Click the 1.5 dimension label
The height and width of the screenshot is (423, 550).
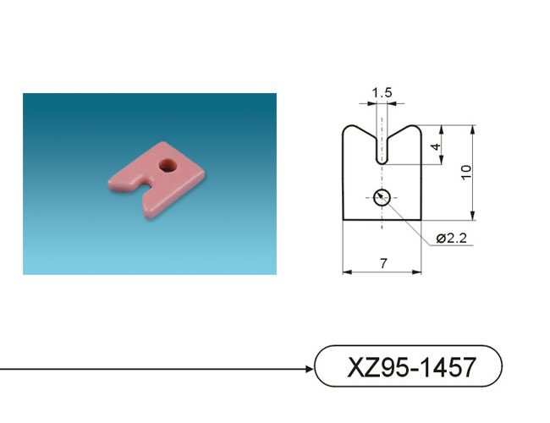(x=382, y=93)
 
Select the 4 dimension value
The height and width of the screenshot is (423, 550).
(x=436, y=146)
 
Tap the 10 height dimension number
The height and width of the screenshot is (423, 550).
(x=466, y=173)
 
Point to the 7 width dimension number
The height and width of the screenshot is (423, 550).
(x=383, y=263)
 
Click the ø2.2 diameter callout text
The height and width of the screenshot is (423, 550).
(x=452, y=239)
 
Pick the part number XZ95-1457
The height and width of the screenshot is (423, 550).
(x=412, y=367)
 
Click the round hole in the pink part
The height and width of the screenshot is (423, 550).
(x=168, y=165)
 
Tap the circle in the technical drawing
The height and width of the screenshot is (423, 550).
(x=382, y=197)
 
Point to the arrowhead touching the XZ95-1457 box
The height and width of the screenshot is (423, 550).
(x=309, y=369)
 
